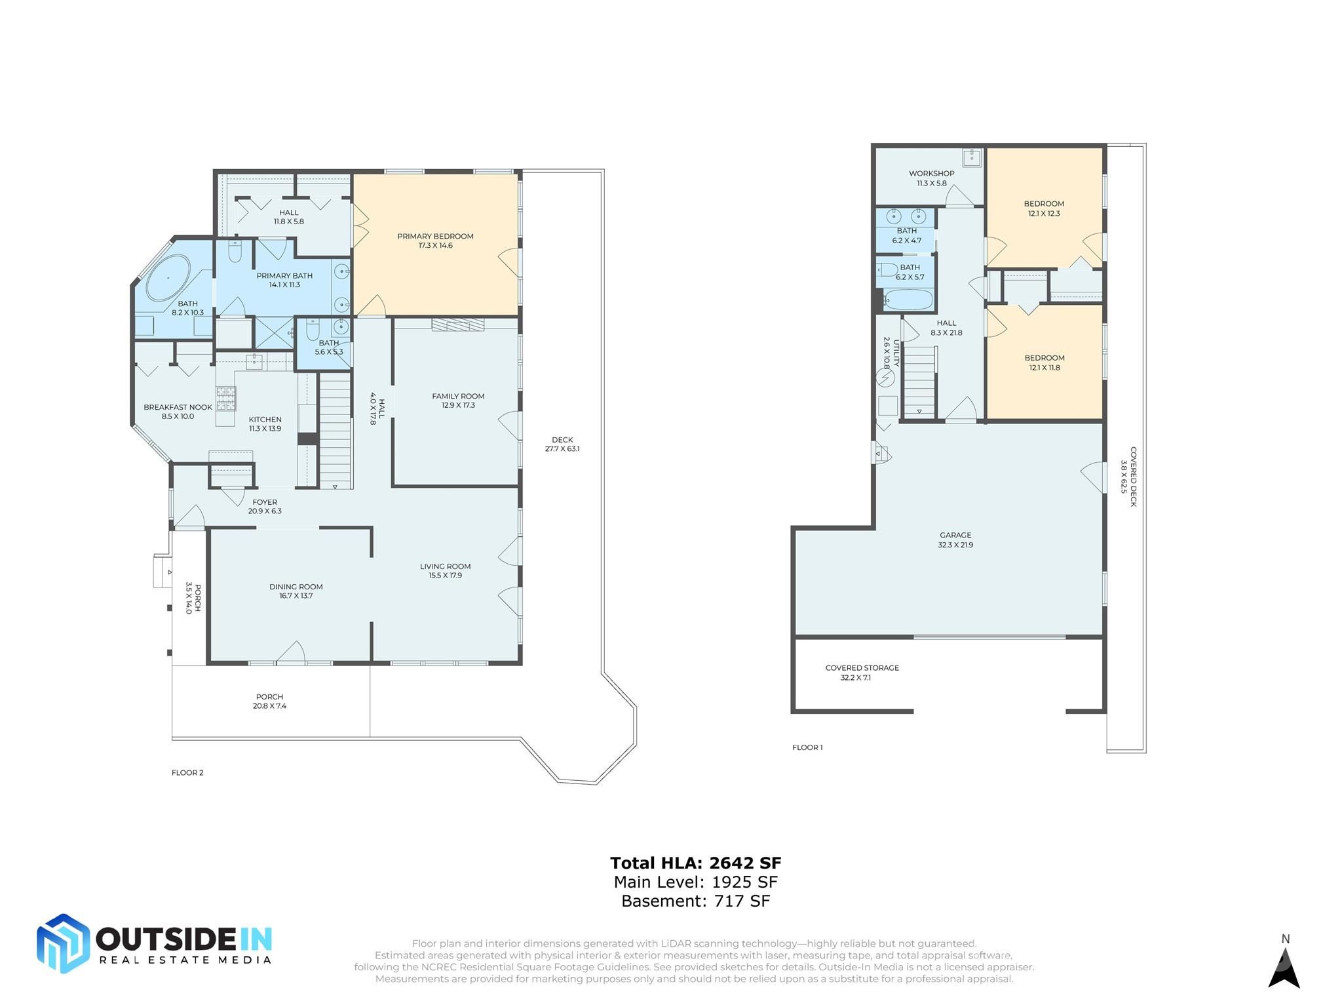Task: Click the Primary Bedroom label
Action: click(435, 241)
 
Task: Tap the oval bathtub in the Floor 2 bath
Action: click(168, 278)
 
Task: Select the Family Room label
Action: click(458, 401)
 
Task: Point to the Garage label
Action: click(955, 540)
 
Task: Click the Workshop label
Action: click(931, 178)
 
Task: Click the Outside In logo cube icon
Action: click(63, 943)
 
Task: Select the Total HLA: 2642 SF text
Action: click(695, 863)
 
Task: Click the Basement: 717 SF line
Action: click(695, 901)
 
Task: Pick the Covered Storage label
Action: click(862, 673)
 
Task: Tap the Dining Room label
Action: click(296, 591)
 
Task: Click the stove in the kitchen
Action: click(226, 398)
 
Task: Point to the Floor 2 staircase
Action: click(335, 430)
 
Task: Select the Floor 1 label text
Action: click(807, 747)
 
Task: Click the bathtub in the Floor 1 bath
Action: click(908, 300)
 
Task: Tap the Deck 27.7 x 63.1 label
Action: click(562, 444)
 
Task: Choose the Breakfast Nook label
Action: click(178, 412)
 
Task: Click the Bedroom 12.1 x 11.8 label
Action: click(1045, 363)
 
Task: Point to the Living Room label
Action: click(445, 571)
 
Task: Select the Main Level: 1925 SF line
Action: click(695, 882)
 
